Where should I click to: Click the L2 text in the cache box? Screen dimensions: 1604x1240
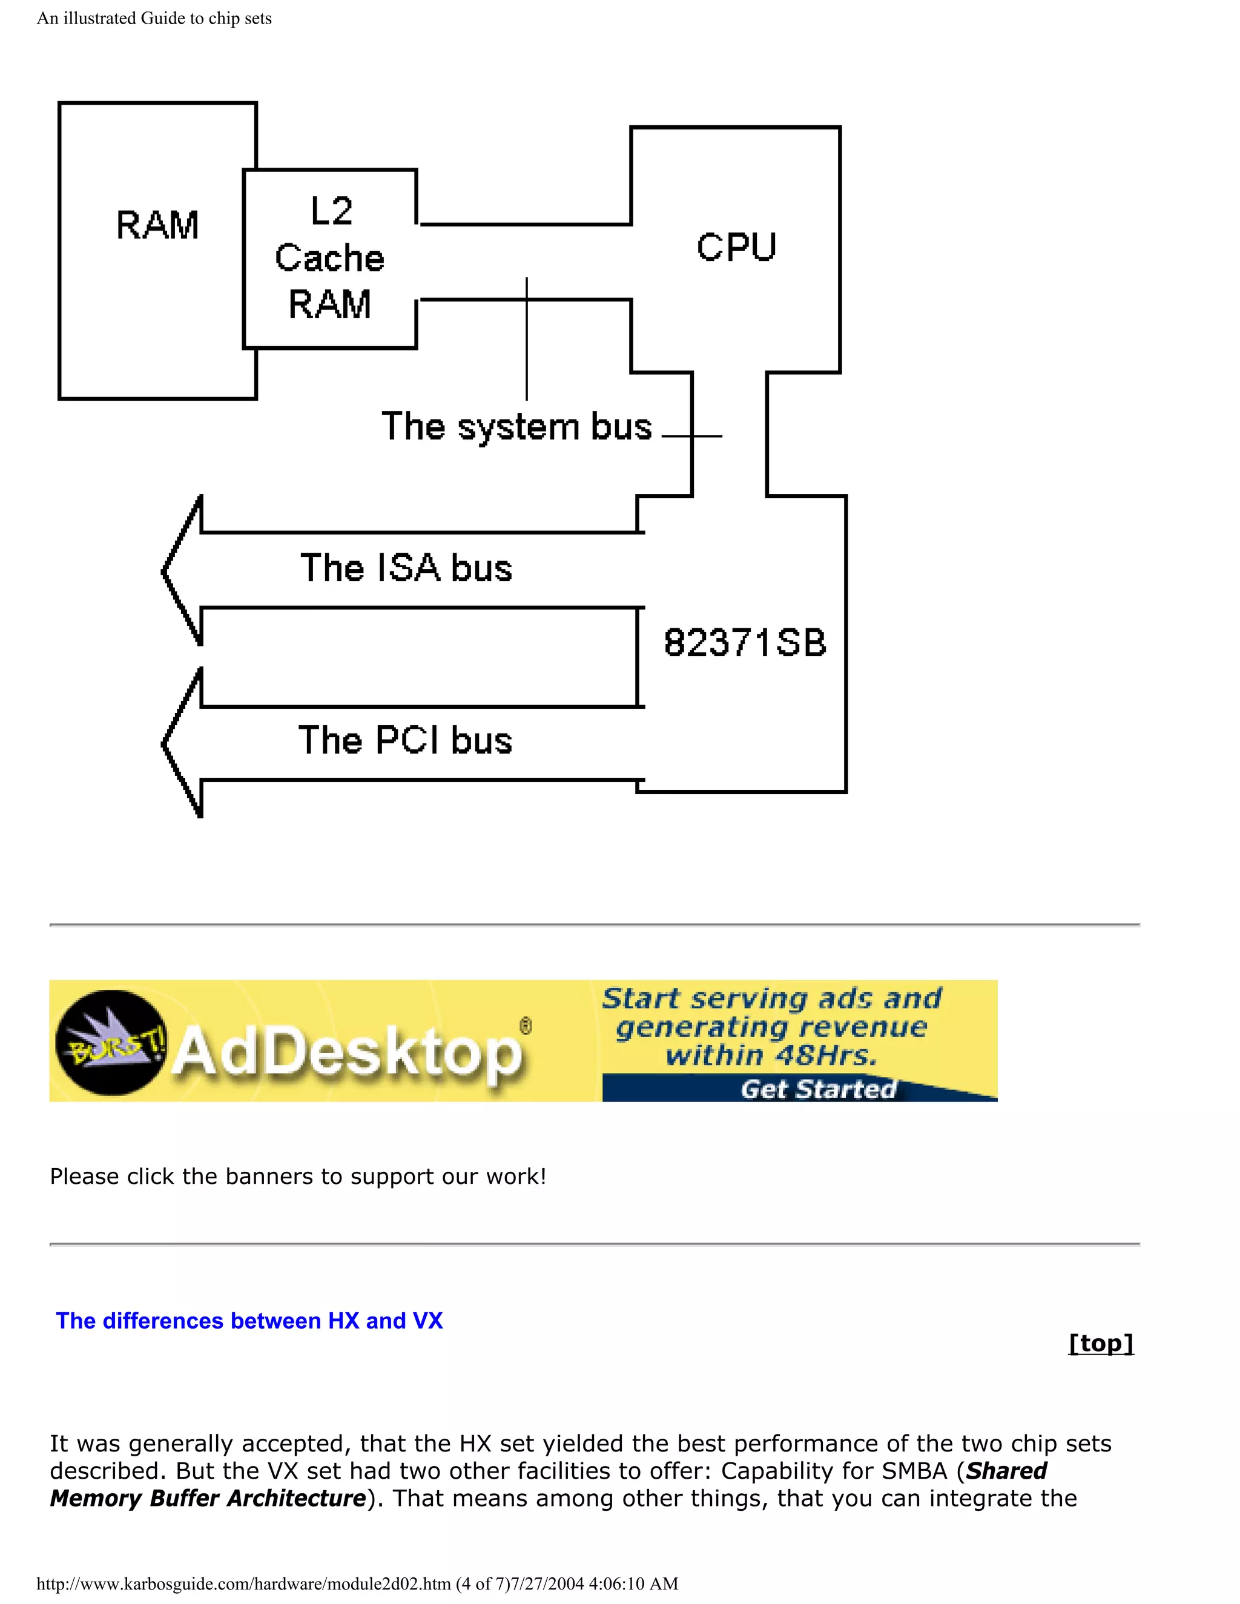coord(331,211)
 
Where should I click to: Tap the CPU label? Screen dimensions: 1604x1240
coord(736,247)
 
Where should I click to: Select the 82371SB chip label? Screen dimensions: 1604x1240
coord(745,643)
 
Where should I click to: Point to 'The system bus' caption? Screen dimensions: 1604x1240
coord(516,427)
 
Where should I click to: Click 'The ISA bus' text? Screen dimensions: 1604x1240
coord(406,568)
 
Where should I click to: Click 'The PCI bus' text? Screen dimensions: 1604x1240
coord(405,740)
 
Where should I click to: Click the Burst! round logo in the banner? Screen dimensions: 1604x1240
coord(110,1042)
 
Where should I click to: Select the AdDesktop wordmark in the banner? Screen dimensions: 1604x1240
coord(349,1053)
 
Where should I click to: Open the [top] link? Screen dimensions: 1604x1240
coord(1100,1343)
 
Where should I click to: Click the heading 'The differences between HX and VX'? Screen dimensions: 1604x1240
coord(249,1321)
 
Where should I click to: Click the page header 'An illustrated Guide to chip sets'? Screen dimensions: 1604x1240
coord(154,18)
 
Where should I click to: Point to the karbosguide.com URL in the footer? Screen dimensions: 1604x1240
coord(242,1583)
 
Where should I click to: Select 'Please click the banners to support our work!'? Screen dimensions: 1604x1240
coord(297,1177)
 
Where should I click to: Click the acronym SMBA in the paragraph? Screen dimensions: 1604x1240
coord(914,1471)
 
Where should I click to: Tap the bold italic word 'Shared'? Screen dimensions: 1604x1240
coord(1006,1471)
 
